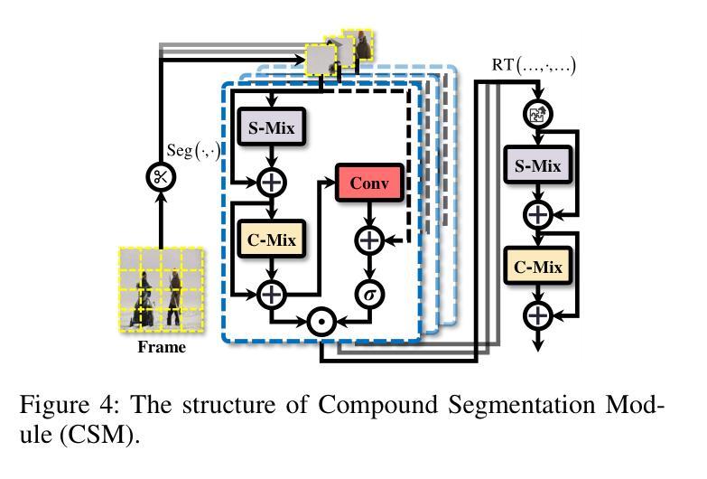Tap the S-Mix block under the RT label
537,166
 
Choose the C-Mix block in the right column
537,267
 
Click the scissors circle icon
161,176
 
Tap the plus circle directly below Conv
367,239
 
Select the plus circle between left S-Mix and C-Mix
271,183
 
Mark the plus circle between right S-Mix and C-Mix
538,214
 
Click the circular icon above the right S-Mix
538,115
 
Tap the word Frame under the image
162,346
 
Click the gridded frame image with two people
161,288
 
